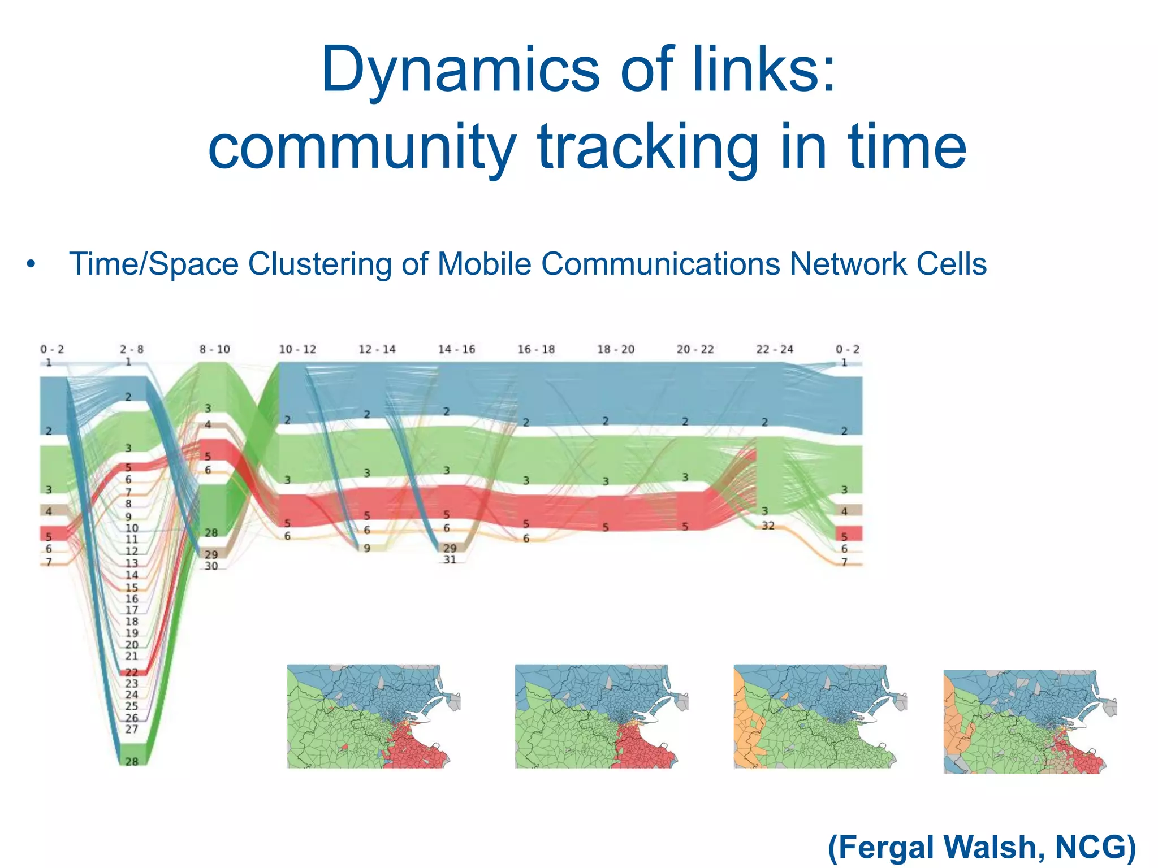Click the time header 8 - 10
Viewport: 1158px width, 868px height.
214,349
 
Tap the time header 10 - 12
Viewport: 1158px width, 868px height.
297,349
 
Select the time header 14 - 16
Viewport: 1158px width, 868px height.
456,349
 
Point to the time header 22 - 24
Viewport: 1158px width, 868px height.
775,349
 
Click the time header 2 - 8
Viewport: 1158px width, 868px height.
132,349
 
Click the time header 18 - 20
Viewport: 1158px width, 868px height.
616,349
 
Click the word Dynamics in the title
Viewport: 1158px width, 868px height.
459,71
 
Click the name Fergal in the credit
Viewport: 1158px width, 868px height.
882,847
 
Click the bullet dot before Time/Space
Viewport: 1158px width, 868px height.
31,264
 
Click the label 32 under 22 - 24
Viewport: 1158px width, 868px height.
768,526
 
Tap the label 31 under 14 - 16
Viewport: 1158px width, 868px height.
450,560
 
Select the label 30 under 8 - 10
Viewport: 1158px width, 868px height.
211,566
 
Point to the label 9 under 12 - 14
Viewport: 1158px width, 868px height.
366,548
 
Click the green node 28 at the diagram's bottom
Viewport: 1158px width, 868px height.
132,761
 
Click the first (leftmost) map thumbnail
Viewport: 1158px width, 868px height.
373,716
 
